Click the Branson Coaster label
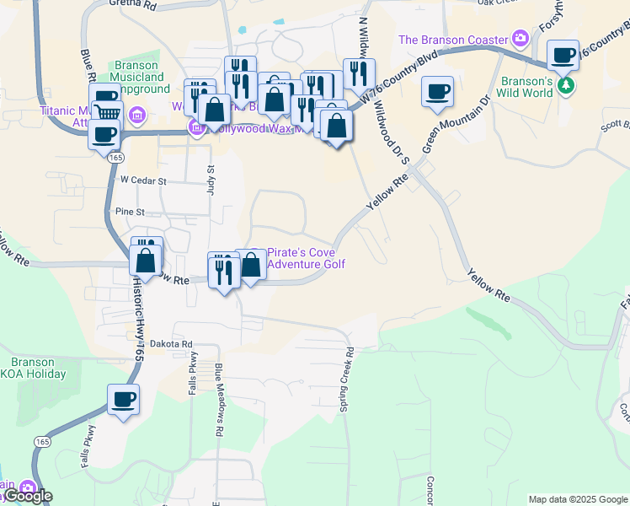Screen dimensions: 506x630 pyautogui.click(x=453, y=40)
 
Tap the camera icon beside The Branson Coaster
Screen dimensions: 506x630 pyautogui.click(x=521, y=38)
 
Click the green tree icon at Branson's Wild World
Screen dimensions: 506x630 pyautogui.click(x=567, y=85)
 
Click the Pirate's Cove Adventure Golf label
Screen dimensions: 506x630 pyautogui.click(x=306, y=258)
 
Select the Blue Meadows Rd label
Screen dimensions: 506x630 pyautogui.click(x=219, y=399)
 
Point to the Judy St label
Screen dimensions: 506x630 pyautogui.click(x=211, y=180)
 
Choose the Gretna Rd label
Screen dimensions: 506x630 pyautogui.click(x=133, y=4)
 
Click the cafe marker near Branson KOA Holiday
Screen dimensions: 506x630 pyautogui.click(x=123, y=400)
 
